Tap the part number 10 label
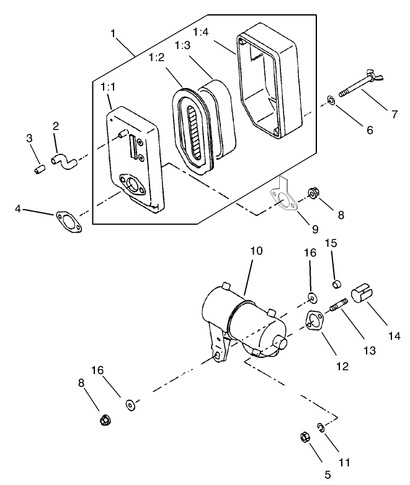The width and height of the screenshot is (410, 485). pyautogui.click(x=256, y=251)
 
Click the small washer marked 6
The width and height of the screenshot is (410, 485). pyautogui.click(x=332, y=99)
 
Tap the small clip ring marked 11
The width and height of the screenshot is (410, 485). pyautogui.click(x=321, y=428)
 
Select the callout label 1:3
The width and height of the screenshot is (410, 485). pyautogui.click(x=183, y=46)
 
